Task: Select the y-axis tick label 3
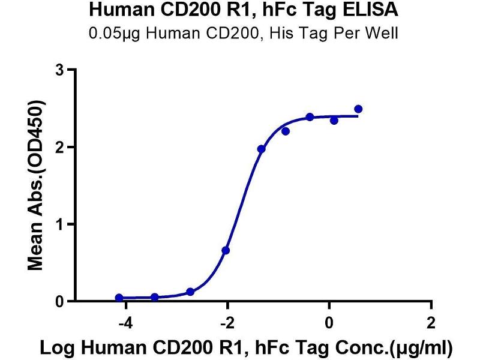(59, 70)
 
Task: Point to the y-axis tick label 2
(59, 148)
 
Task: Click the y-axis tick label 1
(59, 224)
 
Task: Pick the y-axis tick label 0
(59, 302)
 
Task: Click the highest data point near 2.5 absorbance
(358, 109)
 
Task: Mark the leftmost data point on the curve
(119, 298)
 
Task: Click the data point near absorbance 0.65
(226, 250)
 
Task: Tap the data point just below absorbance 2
(261, 149)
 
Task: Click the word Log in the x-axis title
(55, 348)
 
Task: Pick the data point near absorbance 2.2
(286, 131)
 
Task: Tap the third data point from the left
(190, 292)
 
